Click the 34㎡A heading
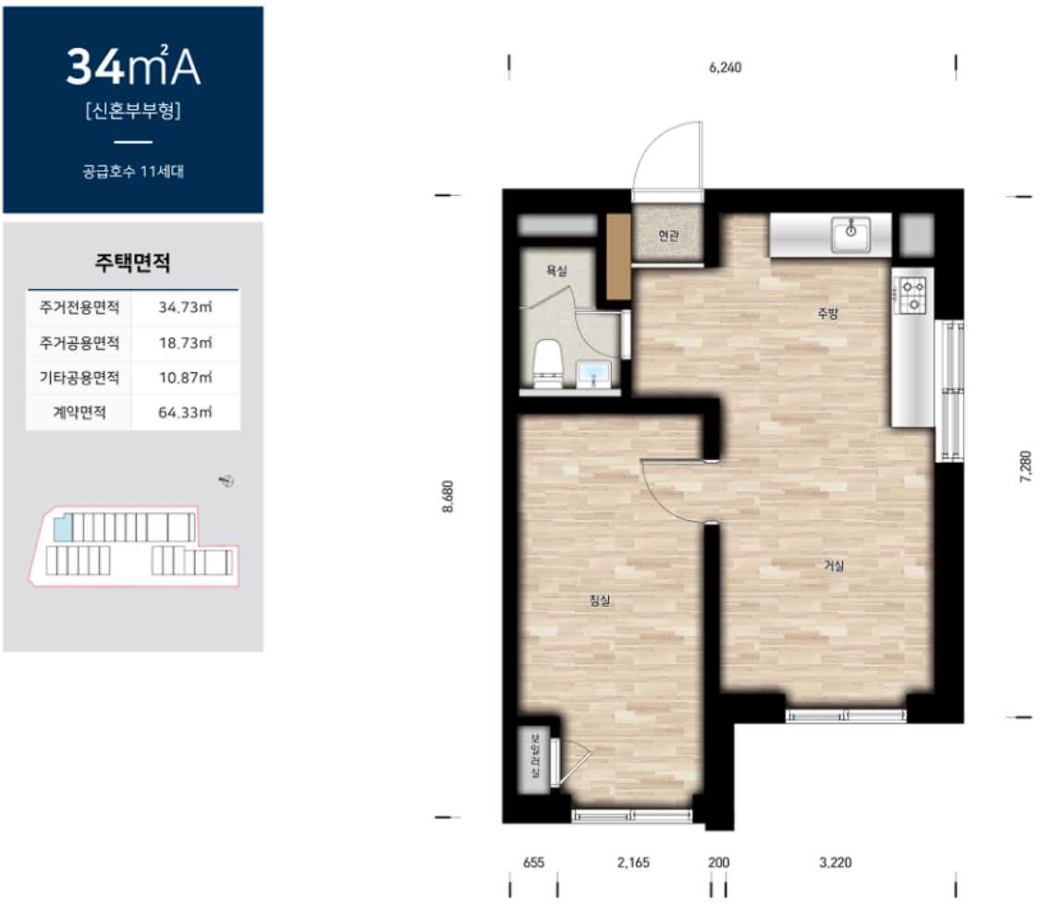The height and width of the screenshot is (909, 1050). coord(133,67)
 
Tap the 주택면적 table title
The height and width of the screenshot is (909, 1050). coord(132,262)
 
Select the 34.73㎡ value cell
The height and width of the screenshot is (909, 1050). coord(186,308)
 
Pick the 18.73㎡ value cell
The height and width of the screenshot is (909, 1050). coord(186,343)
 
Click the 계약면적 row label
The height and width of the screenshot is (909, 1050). coord(79,412)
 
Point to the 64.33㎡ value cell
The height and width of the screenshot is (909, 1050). coord(186,412)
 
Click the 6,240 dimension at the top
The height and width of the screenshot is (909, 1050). coord(726,67)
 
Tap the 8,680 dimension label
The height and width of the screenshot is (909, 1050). coord(447,497)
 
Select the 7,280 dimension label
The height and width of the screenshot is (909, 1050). coord(1025,467)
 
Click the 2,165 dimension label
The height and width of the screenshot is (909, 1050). coord(633,862)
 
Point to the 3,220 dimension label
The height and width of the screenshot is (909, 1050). coord(835,862)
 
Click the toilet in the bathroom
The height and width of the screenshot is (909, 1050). coord(547,363)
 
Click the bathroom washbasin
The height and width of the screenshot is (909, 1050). coord(593,373)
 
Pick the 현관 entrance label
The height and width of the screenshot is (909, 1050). coord(668,236)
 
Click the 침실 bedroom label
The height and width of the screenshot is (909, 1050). coord(600,600)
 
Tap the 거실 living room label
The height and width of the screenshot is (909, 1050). coord(834,565)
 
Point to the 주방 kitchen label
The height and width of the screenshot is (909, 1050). coord(827,312)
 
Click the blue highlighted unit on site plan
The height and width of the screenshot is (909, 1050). coord(62,527)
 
